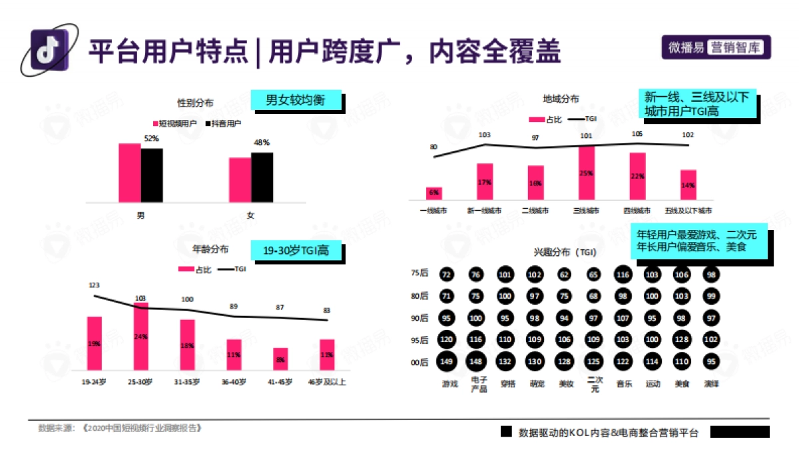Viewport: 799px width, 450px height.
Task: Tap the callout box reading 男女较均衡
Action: coord(296,101)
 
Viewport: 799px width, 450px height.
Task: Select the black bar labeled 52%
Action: coord(152,175)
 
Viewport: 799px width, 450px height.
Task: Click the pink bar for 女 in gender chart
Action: coord(240,179)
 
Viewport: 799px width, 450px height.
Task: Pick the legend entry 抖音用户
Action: coord(223,124)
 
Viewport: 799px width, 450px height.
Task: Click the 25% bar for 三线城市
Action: coord(587,173)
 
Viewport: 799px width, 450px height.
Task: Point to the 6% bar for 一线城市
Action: coord(434,193)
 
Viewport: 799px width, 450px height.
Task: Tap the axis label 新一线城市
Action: coord(484,211)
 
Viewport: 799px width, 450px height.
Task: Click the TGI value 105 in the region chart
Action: coord(637,134)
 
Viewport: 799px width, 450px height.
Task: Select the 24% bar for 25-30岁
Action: coord(140,337)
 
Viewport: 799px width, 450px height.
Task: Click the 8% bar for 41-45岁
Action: coord(280,359)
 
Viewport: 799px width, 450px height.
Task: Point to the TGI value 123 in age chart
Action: coord(94,285)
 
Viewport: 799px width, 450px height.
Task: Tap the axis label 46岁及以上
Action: coord(326,383)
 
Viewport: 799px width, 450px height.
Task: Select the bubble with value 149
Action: coord(447,361)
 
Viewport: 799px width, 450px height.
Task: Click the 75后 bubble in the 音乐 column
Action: coord(623,274)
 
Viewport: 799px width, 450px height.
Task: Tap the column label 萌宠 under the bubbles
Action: coord(535,384)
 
